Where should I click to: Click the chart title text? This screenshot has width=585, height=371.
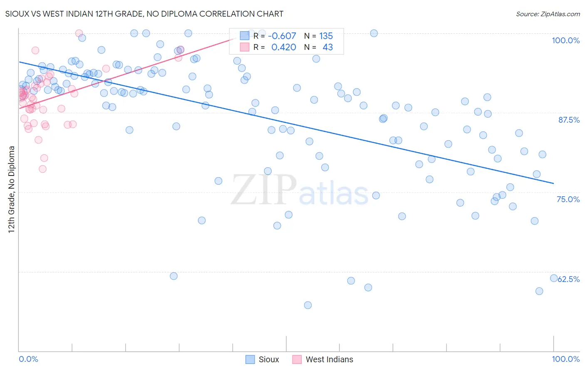coord(144,14)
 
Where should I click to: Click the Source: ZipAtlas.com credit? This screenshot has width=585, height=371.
coord(548,14)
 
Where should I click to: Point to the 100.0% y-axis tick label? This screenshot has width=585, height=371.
coord(565,40)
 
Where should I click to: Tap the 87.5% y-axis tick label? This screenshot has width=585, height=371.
coord(569,120)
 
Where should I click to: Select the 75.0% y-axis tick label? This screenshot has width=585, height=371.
coord(568,199)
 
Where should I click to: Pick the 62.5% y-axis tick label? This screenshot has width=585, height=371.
coord(569,279)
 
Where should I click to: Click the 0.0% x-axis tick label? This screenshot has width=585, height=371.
coord(28,359)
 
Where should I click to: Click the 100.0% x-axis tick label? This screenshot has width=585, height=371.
coord(565,359)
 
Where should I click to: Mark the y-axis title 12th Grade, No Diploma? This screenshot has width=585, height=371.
coord(12,189)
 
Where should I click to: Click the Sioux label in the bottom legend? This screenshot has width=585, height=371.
coord(269,359)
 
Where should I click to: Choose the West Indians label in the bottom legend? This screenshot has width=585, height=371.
coord(329,359)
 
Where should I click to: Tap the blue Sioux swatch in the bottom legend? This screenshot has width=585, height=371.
coord(250,359)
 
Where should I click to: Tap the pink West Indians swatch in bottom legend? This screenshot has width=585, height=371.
coord(297,359)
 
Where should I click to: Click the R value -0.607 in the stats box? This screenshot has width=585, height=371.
coord(282,36)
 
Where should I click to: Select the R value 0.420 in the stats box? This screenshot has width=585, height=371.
coord(283,47)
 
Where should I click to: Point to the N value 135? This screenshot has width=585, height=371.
coord(326,36)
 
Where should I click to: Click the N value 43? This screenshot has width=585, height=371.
coord(327,47)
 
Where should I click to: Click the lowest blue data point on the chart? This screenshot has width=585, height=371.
coord(308,305)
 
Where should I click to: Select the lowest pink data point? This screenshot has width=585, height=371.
coord(42,169)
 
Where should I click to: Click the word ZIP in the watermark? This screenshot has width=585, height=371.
coord(263,190)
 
